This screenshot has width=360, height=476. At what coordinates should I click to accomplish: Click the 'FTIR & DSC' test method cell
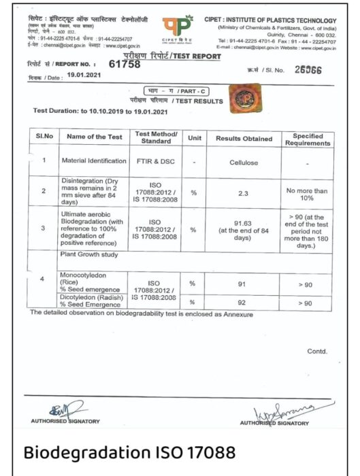[x=156, y=161]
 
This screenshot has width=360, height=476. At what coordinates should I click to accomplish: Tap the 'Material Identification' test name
[x=93, y=161]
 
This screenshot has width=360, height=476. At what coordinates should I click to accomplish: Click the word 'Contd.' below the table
[x=317, y=352]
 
